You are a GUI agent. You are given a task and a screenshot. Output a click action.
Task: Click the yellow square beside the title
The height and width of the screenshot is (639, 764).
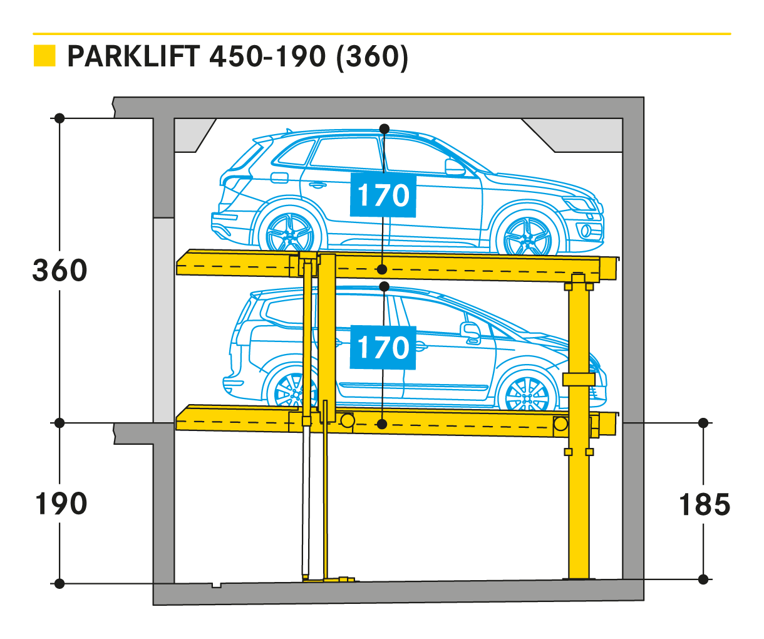44,56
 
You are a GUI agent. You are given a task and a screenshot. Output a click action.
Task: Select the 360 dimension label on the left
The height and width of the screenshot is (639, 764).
60,271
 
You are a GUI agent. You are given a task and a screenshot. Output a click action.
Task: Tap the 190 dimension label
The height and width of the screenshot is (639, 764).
60,504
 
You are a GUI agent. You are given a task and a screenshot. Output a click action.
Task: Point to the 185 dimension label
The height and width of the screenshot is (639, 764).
705,505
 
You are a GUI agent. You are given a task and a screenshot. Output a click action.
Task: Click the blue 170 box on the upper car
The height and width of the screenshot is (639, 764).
383,195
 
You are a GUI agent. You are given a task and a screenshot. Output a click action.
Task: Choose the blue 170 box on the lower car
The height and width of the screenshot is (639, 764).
383,347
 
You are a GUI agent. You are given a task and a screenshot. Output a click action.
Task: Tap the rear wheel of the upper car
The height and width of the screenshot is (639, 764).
291,232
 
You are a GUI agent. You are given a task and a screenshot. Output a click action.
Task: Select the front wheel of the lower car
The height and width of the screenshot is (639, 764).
527,395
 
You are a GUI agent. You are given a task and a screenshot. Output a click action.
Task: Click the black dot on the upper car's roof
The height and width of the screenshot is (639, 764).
385,129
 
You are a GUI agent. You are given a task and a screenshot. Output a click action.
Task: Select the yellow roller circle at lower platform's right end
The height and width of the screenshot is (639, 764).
560,424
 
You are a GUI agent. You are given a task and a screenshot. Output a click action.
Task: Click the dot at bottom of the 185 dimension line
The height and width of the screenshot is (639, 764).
704,579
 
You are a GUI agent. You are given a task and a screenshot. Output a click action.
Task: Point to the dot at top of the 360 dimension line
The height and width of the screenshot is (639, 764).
59,118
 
